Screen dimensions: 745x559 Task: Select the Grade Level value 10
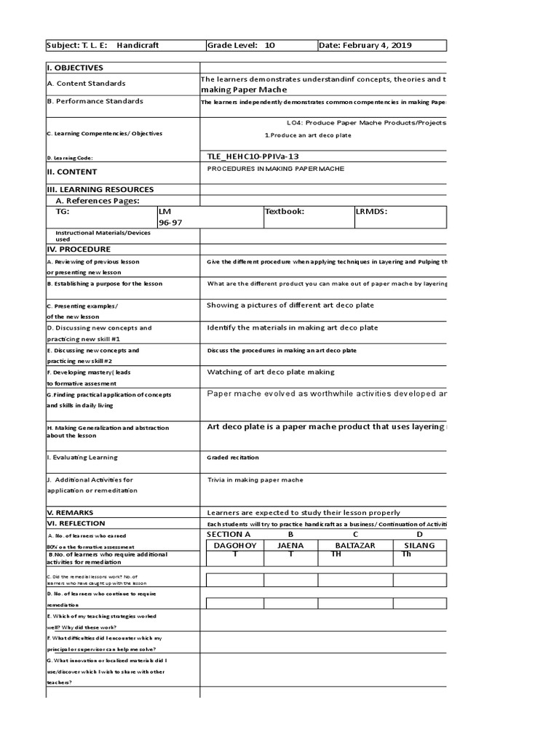click(x=269, y=45)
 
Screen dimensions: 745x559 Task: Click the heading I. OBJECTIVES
click(x=76, y=68)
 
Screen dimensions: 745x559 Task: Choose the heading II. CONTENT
click(x=73, y=172)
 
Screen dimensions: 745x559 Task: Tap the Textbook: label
click(x=285, y=212)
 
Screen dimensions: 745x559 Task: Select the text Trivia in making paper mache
click(x=255, y=479)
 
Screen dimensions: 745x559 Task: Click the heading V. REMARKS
click(x=70, y=512)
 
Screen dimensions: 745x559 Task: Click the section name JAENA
click(x=290, y=545)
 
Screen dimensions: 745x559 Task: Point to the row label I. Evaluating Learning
click(x=82, y=458)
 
